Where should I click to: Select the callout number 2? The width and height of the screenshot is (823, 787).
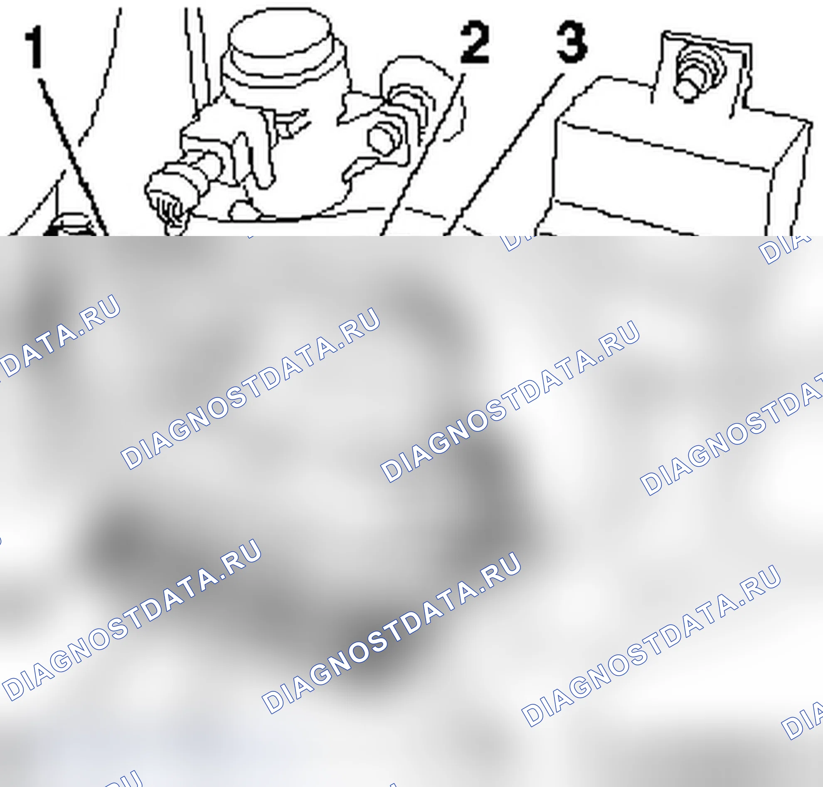click(475, 42)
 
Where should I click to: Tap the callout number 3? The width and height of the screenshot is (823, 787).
click(572, 42)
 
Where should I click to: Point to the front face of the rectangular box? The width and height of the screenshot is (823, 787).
click(659, 184)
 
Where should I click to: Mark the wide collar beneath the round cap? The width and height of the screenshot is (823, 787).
click(286, 74)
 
